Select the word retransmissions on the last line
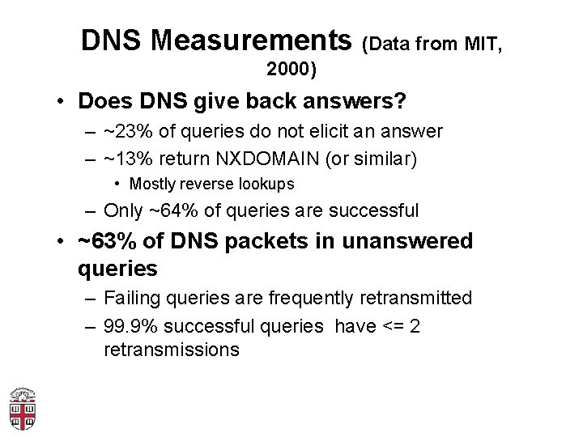pyautogui.click(x=172, y=350)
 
